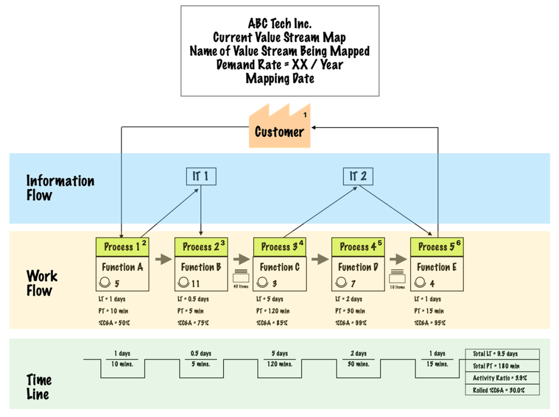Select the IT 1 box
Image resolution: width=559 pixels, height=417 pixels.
click(200, 176)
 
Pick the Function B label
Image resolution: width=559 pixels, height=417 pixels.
click(201, 267)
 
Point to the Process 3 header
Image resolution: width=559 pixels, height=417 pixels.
click(279, 247)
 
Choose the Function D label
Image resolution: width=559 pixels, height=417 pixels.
click(358, 267)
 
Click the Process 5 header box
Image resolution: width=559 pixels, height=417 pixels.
click(437, 247)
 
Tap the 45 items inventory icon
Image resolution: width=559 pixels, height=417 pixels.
click(241, 276)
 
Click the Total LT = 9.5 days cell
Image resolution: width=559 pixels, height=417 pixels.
click(502, 354)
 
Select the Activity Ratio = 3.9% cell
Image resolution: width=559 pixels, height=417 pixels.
click(502, 378)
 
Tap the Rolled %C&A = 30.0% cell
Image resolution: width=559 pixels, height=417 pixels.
click(502, 390)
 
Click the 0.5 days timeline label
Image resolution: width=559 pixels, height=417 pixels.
click(201, 354)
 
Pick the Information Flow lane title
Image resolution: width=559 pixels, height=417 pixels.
click(60, 188)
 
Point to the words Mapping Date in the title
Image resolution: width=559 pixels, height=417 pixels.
click(279, 78)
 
